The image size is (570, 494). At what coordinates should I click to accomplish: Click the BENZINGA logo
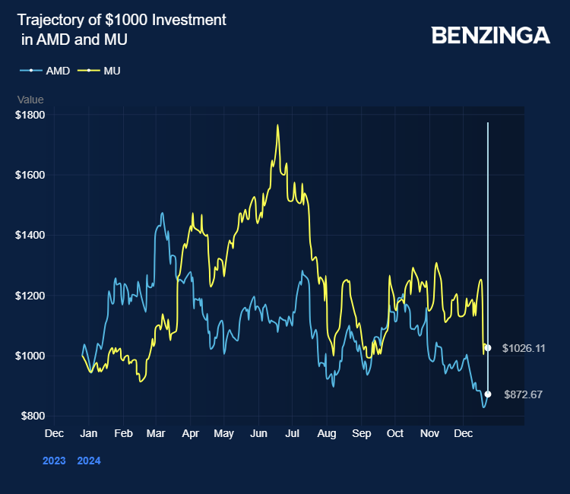pos(490,35)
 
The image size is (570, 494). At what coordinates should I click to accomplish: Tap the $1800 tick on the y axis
pos(30,115)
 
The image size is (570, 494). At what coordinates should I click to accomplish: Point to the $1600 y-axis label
pos(30,175)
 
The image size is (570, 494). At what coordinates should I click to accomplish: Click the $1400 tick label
pos(30,235)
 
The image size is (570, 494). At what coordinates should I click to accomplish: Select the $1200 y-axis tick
pos(30,295)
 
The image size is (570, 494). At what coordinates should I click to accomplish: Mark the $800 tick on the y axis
pos(32,416)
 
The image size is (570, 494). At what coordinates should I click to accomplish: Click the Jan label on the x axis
pos(89,434)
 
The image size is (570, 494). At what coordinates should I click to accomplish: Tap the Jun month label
pos(258,434)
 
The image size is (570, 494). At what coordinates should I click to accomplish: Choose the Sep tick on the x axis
pos(362,434)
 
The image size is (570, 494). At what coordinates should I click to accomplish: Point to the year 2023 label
pos(54,461)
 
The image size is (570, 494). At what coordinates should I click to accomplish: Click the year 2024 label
pos(89,461)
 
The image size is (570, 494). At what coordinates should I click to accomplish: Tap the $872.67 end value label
pos(523,394)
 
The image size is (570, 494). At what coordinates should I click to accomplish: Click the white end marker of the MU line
pos(488,348)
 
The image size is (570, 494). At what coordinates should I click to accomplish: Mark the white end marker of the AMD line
pos(488,394)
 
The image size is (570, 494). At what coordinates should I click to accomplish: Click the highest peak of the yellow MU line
pos(277,125)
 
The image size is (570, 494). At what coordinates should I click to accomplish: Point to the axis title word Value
pos(30,100)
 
